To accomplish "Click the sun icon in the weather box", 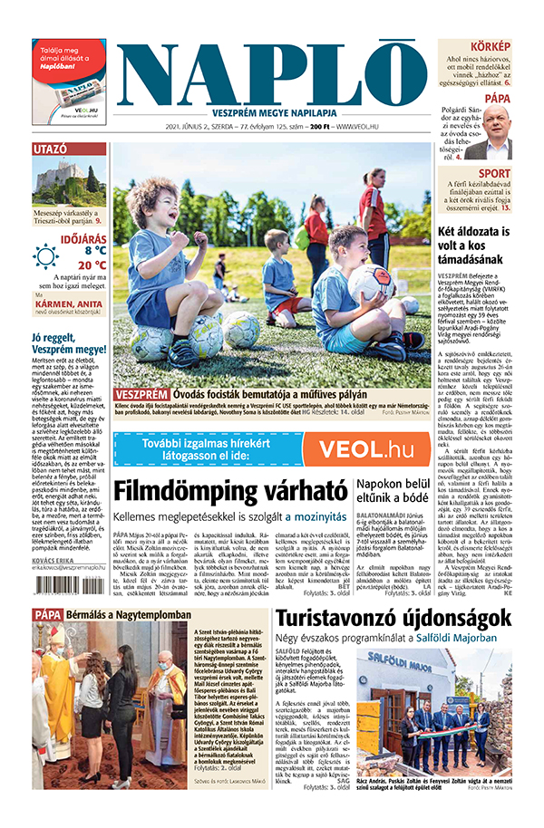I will (x=45, y=256).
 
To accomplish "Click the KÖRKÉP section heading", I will (x=490, y=47).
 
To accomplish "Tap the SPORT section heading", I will (x=494, y=173).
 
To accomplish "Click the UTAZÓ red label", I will (x=51, y=148).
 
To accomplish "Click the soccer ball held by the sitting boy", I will (x=373, y=282).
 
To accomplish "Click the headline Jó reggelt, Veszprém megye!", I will (x=69, y=342).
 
